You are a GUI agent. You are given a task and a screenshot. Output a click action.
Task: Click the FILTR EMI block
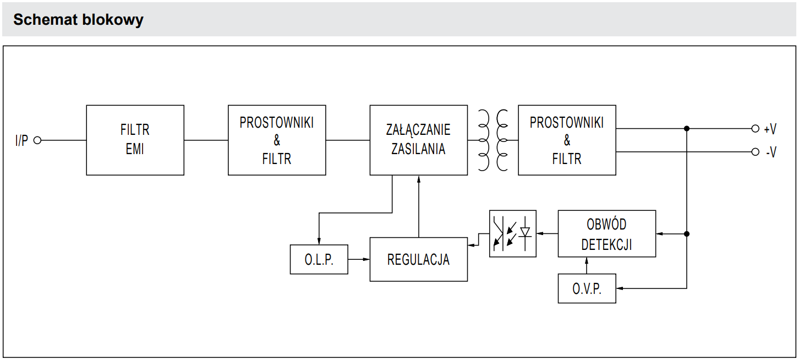click(x=135, y=140)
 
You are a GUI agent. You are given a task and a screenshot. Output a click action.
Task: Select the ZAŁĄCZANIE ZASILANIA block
click(x=418, y=140)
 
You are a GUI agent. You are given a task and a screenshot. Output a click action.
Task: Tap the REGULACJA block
click(x=418, y=259)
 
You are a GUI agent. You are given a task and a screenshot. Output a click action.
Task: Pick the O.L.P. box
click(x=319, y=259)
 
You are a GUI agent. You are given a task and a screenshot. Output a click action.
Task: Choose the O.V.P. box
click(x=587, y=288)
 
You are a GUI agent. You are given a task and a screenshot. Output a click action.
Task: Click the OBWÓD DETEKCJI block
click(x=606, y=233)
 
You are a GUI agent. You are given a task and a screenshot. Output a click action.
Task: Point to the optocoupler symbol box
click(x=512, y=233)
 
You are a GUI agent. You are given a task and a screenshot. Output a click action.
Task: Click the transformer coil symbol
click(x=493, y=140)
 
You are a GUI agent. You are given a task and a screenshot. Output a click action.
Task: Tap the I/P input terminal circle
click(x=37, y=140)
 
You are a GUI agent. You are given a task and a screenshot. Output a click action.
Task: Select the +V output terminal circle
click(x=755, y=129)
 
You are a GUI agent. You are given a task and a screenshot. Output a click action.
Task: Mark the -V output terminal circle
click(x=755, y=152)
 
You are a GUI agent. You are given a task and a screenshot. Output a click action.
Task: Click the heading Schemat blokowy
click(x=78, y=20)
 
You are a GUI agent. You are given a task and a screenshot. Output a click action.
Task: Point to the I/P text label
click(x=21, y=140)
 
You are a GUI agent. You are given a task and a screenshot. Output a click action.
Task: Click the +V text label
click(x=770, y=129)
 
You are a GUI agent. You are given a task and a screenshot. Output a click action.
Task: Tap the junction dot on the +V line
click(x=686, y=129)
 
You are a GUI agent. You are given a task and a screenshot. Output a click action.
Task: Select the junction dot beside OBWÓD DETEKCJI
click(x=686, y=234)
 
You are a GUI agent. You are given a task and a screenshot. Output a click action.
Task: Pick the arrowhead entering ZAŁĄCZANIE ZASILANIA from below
click(x=419, y=179)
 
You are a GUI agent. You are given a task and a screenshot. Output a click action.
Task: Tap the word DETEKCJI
click(x=606, y=244)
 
